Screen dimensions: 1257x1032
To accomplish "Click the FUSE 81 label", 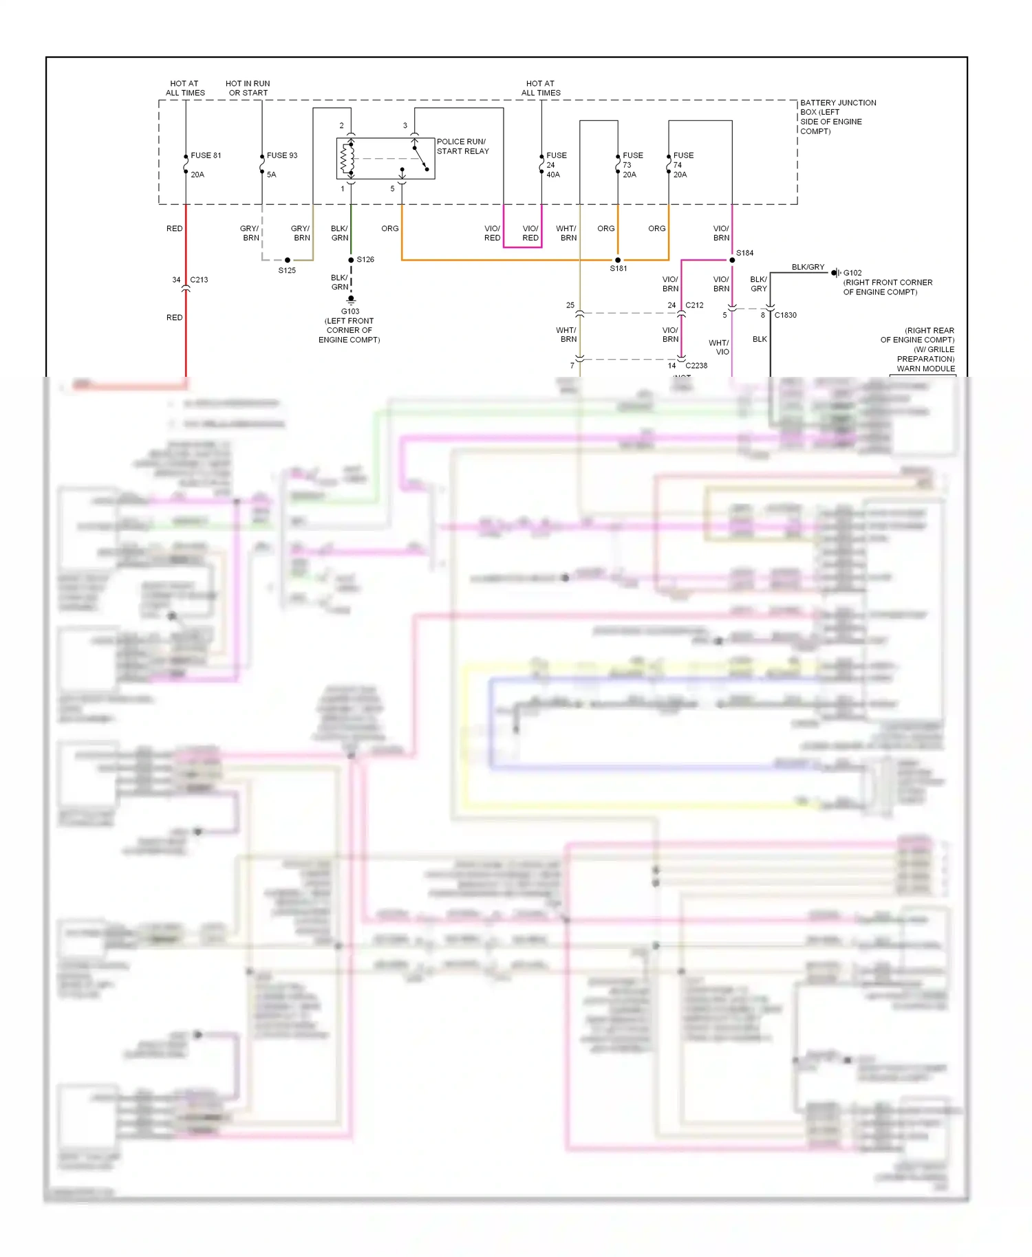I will (206, 155).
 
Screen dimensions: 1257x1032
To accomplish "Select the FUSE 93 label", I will (282, 155).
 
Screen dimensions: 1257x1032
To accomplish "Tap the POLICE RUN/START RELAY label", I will (462, 146).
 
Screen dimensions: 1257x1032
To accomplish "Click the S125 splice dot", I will (288, 260).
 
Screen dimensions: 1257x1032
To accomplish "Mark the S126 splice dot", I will (351, 260).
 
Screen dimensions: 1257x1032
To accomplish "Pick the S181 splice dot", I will (618, 260).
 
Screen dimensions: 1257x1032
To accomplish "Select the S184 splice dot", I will (732, 260).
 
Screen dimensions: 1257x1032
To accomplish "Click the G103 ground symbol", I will (351, 300).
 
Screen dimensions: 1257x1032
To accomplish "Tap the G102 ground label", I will (852, 273).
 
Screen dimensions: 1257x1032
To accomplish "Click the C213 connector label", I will (199, 280).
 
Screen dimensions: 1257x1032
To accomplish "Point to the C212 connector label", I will (694, 305).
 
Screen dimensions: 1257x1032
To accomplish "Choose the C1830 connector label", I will (785, 316).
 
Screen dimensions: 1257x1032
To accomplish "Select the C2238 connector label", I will (696, 366).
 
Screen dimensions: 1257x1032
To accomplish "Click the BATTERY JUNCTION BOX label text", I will (837, 117).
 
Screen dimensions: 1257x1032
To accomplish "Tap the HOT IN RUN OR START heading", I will (248, 88).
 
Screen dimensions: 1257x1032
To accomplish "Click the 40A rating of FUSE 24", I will (553, 175).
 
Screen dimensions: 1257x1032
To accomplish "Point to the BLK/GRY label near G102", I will (808, 267).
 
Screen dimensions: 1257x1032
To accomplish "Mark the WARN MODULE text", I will (925, 369).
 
